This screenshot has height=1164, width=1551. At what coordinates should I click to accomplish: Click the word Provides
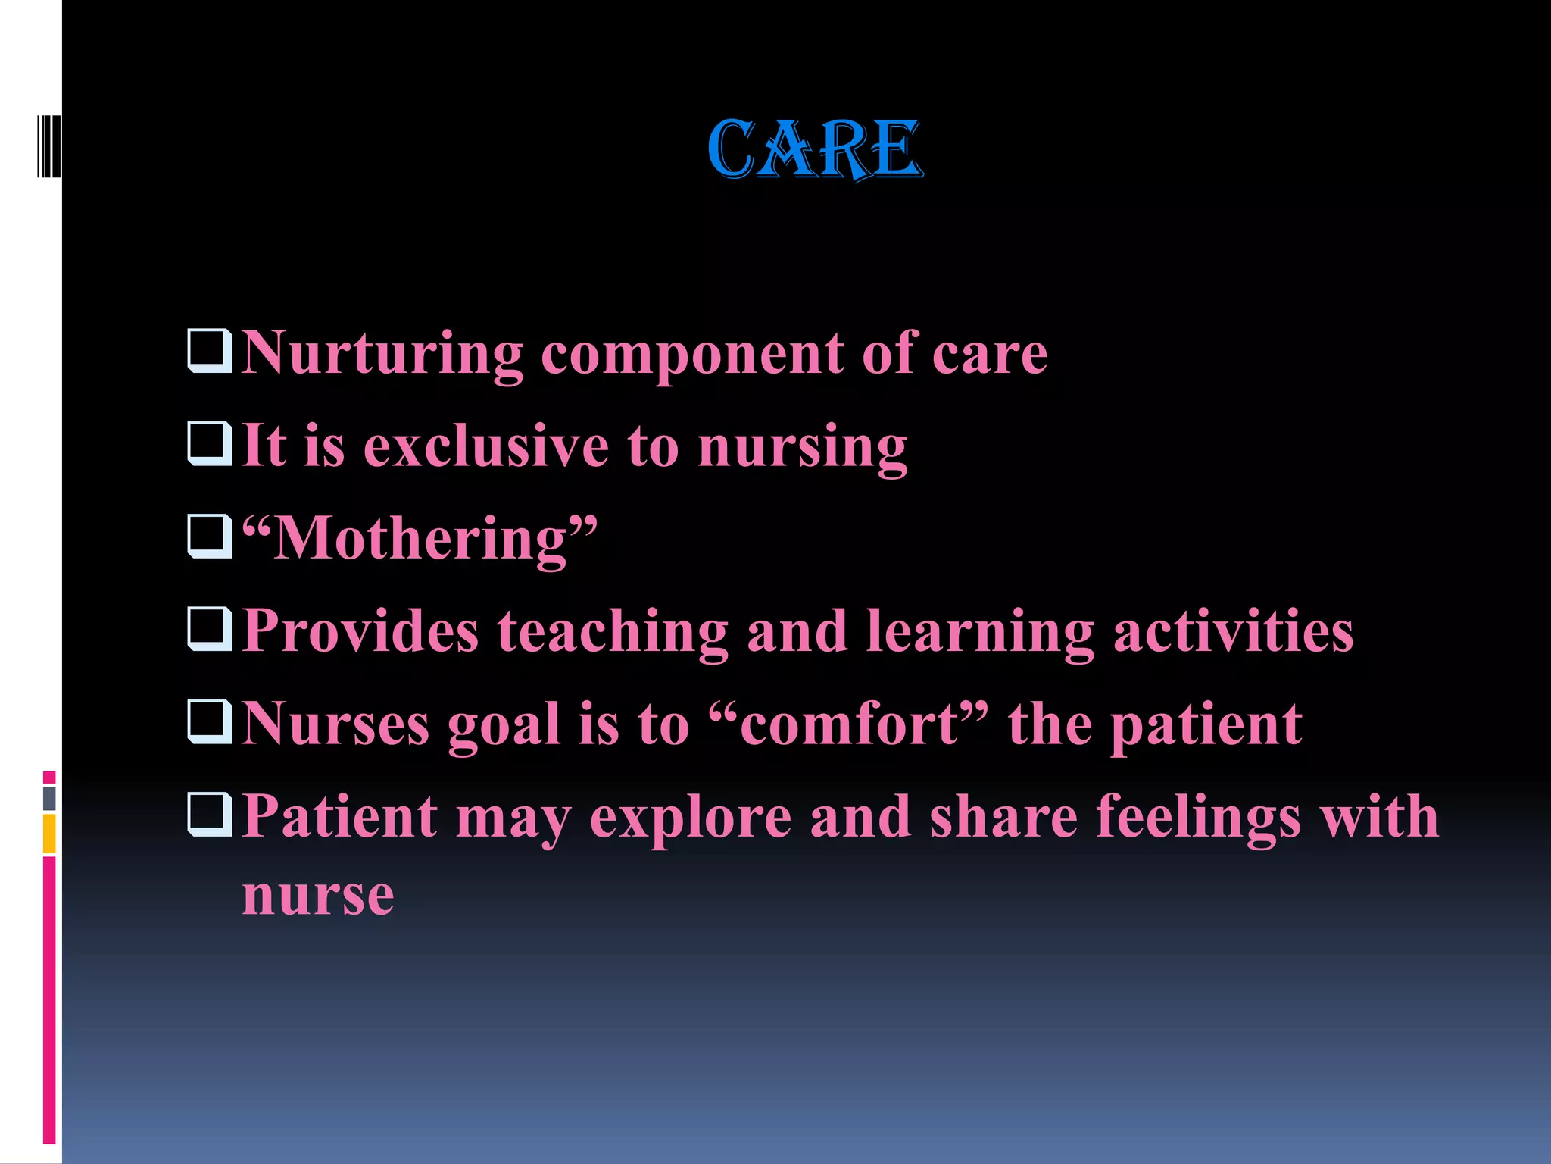[x=360, y=630]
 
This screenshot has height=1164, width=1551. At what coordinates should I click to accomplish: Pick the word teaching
[x=612, y=632]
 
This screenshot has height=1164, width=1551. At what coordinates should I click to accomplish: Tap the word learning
[x=980, y=632]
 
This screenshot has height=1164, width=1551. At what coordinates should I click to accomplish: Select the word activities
[x=1233, y=630]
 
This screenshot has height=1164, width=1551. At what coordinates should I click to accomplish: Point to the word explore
[x=690, y=818]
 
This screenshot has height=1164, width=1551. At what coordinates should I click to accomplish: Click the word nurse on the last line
[x=318, y=896]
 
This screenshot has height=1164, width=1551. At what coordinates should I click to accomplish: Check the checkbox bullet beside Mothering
[x=209, y=537]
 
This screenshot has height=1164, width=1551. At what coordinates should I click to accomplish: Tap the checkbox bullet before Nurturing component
[x=209, y=351]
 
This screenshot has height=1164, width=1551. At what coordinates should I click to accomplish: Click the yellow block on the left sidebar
[x=49, y=834]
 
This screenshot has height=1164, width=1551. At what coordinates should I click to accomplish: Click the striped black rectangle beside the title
[x=49, y=146]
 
